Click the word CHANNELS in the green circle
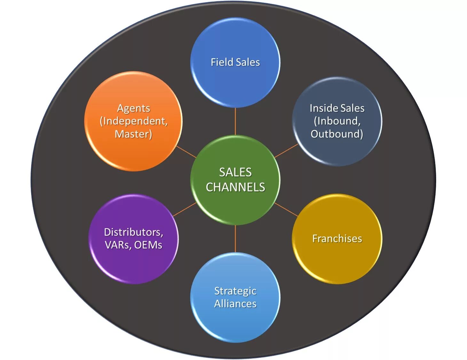click(235, 187)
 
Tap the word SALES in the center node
click(235, 172)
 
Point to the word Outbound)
click(337, 134)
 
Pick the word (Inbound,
click(337, 121)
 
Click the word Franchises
click(337, 239)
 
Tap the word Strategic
click(235, 291)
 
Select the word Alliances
click(235, 304)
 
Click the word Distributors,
click(134, 232)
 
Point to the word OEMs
click(148, 245)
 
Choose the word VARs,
click(118, 245)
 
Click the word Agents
click(134, 108)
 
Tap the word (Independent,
click(134, 121)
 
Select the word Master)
click(134, 134)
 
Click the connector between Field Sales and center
click(235, 121)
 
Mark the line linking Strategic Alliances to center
click(235, 239)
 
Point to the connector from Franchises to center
click(286, 209)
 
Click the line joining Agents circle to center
click(186, 152)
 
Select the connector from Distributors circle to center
click(185, 210)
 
